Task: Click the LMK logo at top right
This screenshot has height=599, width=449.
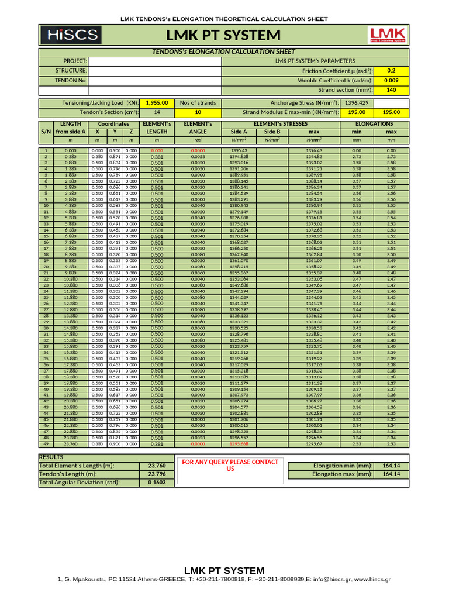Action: (385, 35)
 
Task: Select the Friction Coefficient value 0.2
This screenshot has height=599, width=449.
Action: (391, 70)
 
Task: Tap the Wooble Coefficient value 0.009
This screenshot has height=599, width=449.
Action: (391, 80)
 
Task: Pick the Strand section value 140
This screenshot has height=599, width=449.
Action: (391, 90)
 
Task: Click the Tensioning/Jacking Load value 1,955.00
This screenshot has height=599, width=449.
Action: (157, 102)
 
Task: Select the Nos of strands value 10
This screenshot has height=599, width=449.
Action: (198, 112)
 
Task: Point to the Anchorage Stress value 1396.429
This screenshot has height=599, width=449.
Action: (357, 102)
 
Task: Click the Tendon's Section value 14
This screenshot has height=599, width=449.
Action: (157, 112)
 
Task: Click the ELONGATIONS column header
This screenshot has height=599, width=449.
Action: (374, 124)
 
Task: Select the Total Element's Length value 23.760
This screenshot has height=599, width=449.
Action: (156, 466)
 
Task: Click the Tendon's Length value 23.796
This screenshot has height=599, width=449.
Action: (156, 474)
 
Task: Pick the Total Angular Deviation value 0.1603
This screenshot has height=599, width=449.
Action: (156, 483)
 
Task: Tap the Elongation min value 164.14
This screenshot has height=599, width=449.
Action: (391, 466)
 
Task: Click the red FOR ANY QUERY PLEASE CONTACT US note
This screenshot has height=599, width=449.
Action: (230, 466)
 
